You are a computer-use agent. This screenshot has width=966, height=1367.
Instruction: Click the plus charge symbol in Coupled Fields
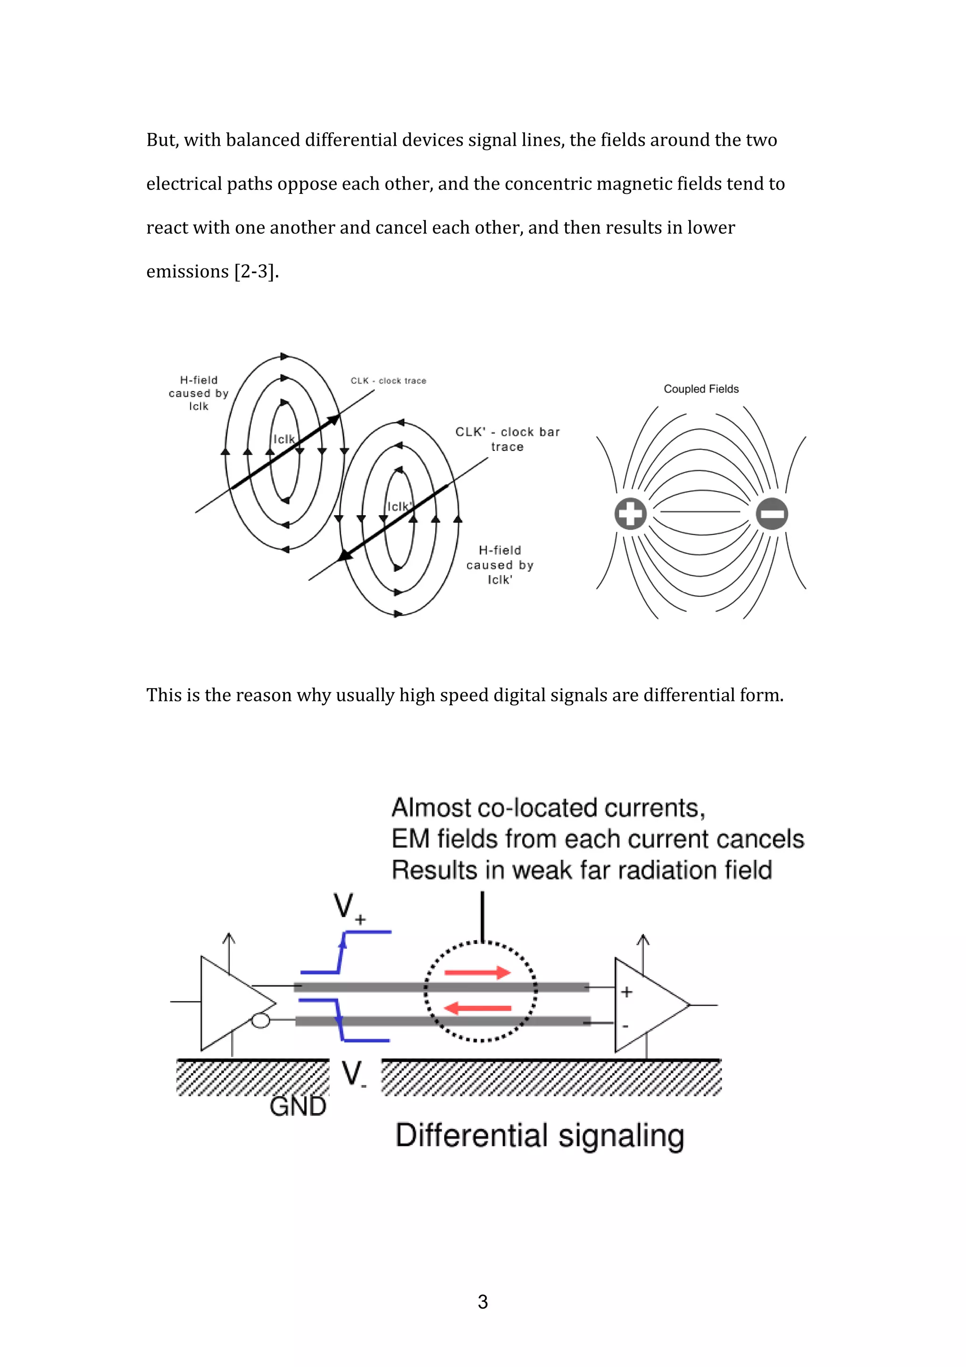pyautogui.click(x=630, y=513)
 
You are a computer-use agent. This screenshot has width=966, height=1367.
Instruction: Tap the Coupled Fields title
pyautogui.click(x=700, y=389)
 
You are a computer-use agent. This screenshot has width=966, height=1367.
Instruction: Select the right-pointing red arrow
pyautogui.click(x=477, y=972)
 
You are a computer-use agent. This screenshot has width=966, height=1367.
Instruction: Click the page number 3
pyautogui.click(x=483, y=1301)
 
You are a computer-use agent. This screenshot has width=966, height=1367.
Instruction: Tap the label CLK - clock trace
pyautogui.click(x=388, y=381)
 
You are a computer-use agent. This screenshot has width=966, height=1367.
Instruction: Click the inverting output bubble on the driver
pyautogui.click(x=261, y=1020)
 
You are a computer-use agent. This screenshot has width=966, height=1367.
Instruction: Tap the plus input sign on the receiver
pyautogui.click(x=626, y=992)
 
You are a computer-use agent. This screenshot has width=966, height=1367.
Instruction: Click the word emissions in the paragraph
pyautogui.click(x=187, y=272)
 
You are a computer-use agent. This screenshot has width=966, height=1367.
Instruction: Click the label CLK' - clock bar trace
pyautogui.click(x=507, y=439)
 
